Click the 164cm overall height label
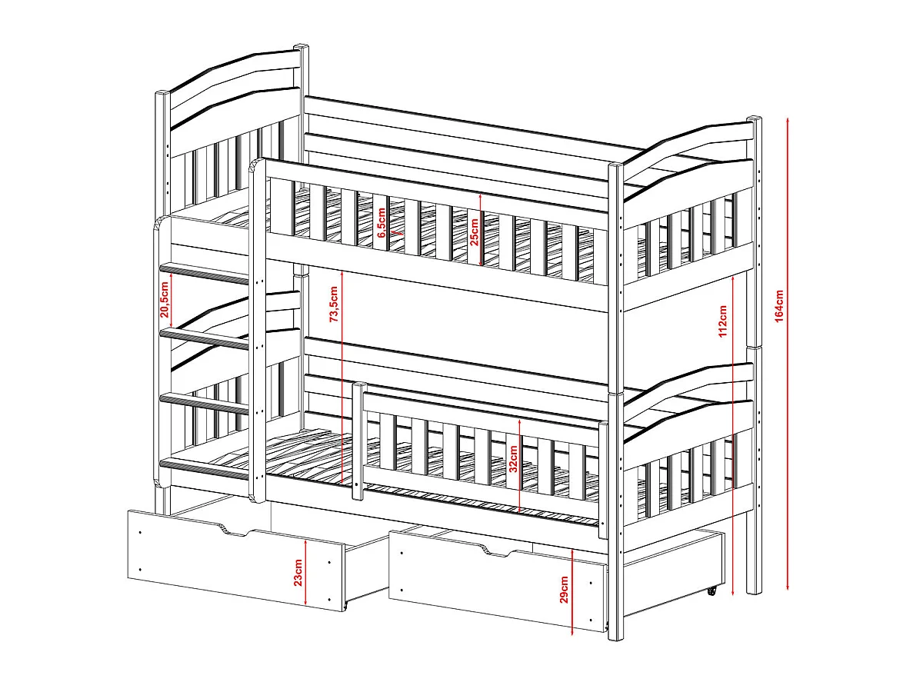(x=779, y=306)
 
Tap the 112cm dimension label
(x=723, y=321)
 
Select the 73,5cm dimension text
(x=334, y=304)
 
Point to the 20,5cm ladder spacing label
(x=164, y=299)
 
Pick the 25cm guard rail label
(x=474, y=232)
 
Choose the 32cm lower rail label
(x=514, y=459)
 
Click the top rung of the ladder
(x=205, y=272)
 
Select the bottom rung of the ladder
(x=205, y=470)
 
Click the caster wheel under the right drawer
(x=711, y=591)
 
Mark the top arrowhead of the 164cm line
(x=788, y=121)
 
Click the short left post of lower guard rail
(x=358, y=441)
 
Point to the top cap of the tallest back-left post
(x=301, y=46)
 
